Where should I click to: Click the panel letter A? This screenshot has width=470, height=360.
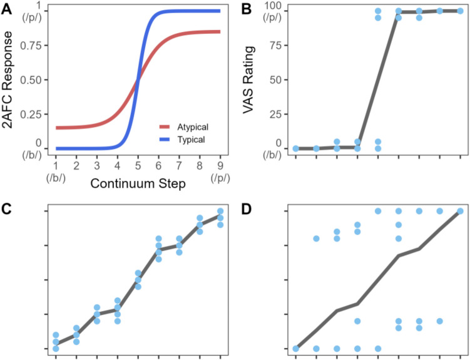(8, 8)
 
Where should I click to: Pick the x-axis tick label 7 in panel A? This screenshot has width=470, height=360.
(179, 165)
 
